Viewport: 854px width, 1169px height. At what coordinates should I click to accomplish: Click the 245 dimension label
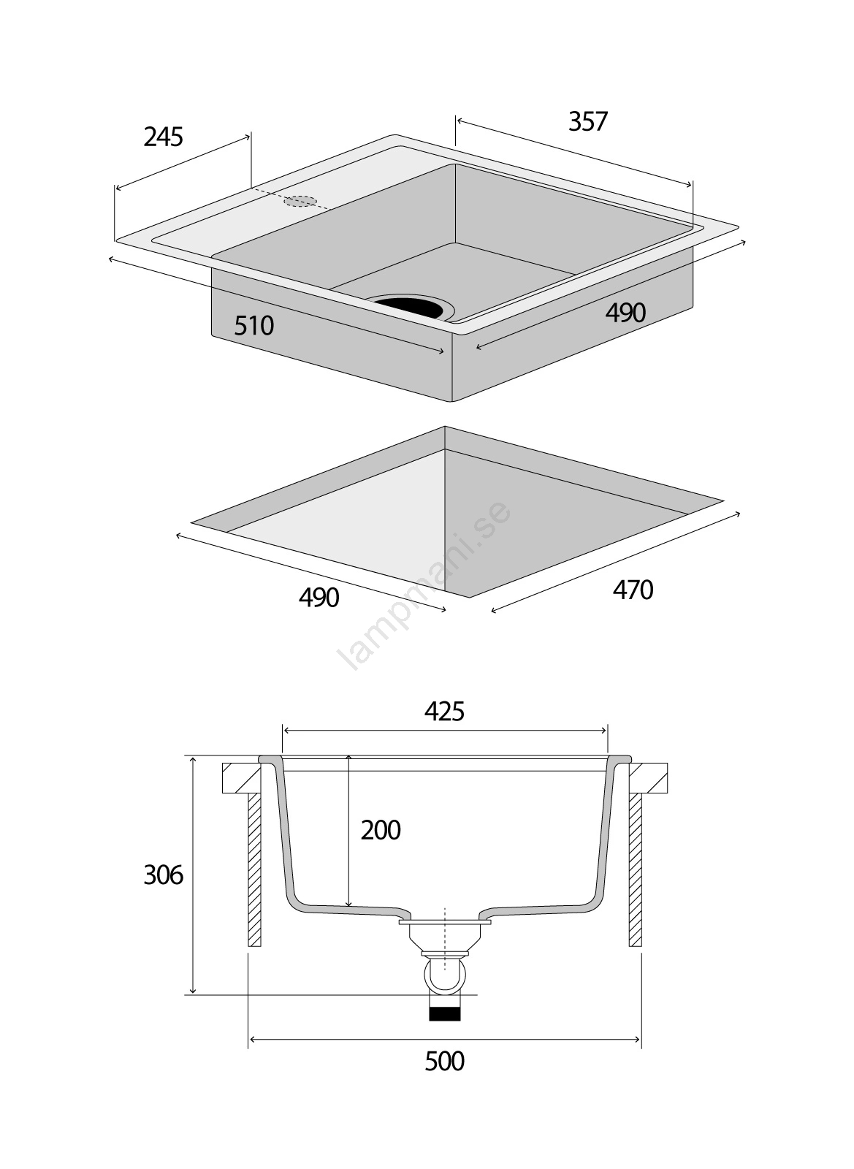click(x=163, y=137)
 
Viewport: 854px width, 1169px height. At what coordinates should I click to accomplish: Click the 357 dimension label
click(x=587, y=121)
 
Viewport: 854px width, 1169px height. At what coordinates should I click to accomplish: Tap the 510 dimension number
click(x=253, y=325)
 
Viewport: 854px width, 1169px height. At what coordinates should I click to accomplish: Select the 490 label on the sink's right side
click(x=625, y=313)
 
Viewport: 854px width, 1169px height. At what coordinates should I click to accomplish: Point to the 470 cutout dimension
click(x=633, y=590)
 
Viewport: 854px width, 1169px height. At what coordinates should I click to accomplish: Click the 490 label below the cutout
click(x=319, y=598)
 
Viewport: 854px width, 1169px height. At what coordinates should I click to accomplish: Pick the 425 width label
click(x=444, y=711)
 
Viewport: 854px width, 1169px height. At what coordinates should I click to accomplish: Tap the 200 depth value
click(x=381, y=830)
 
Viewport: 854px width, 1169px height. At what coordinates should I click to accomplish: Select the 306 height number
click(x=163, y=875)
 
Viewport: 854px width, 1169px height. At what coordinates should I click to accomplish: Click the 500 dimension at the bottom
click(x=444, y=1061)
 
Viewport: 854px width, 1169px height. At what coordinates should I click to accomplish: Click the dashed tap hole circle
click(x=301, y=201)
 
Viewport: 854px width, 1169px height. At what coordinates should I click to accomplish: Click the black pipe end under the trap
click(x=444, y=1013)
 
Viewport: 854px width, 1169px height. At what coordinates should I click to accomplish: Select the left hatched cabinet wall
click(x=254, y=869)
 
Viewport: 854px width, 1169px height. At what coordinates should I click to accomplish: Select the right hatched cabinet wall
click(x=636, y=869)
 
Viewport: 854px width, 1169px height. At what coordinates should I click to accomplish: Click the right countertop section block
click(x=649, y=778)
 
